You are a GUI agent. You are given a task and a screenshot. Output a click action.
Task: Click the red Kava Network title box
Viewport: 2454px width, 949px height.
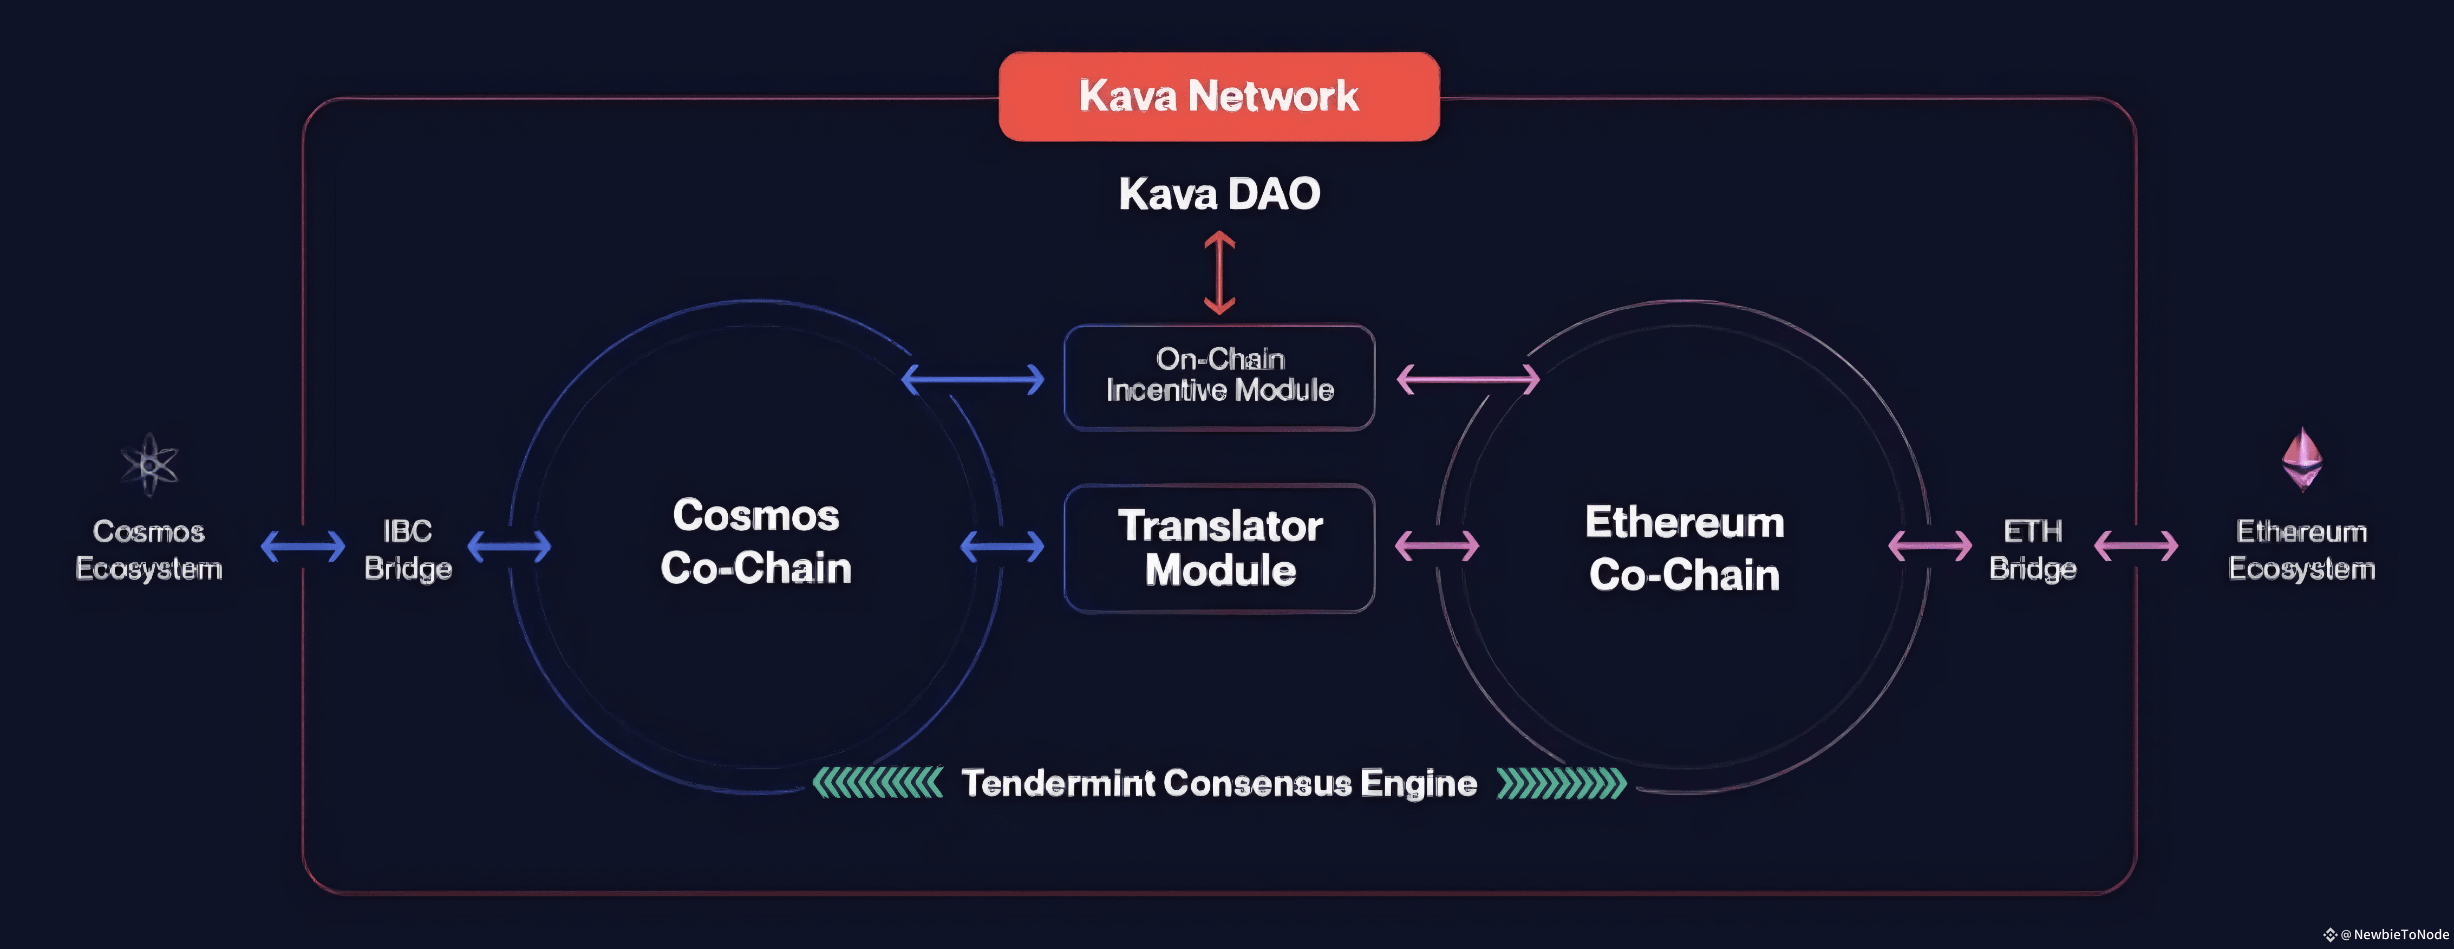[x=1218, y=96]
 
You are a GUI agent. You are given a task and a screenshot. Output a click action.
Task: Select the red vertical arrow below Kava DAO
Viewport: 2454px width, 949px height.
[x=1219, y=275]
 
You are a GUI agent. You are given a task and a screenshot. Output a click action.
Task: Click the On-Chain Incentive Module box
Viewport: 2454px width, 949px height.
[x=1219, y=378]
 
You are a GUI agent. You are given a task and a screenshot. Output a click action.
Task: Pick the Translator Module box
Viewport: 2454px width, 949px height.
[x=1219, y=548]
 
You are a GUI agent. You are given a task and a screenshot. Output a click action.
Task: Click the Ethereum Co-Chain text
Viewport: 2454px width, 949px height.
[x=1684, y=548]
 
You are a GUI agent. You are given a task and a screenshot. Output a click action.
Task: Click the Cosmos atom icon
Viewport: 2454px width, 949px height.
[x=149, y=465]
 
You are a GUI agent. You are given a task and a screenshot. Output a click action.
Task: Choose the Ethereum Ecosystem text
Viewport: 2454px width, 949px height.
[x=2302, y=550]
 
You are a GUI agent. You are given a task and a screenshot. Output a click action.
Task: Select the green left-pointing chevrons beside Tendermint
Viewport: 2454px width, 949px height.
[x=877, y=783]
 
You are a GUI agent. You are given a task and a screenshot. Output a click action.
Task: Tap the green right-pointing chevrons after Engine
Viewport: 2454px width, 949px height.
[x=1562, y=783]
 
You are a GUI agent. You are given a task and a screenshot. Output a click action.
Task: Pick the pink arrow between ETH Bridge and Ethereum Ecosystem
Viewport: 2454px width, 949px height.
[x=2136, y=546]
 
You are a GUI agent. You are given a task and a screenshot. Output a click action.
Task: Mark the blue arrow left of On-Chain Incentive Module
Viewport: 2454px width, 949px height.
[x=973, y=379]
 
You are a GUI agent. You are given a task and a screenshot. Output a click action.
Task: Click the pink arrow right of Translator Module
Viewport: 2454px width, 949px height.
[x=1437, y=546]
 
